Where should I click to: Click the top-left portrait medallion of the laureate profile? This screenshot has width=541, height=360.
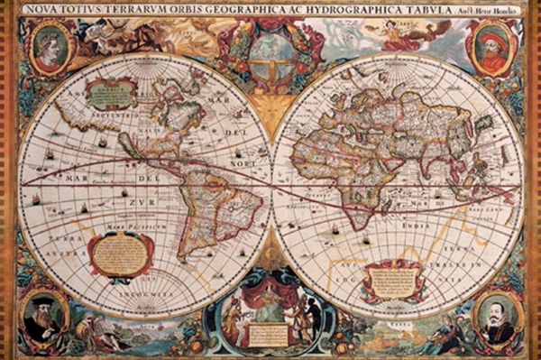(x=50, y=47)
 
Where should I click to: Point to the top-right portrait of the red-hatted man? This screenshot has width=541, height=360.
(x=491, y=48)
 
